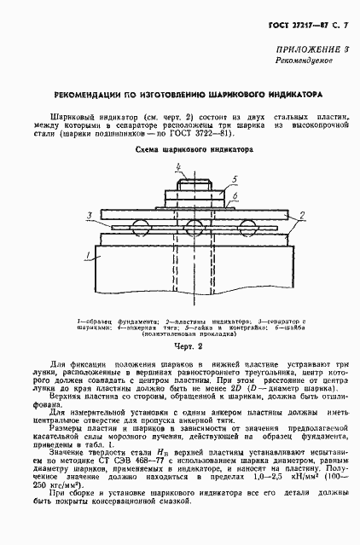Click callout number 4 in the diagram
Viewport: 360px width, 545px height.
(178, 166)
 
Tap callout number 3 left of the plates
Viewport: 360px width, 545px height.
(89, 216)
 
